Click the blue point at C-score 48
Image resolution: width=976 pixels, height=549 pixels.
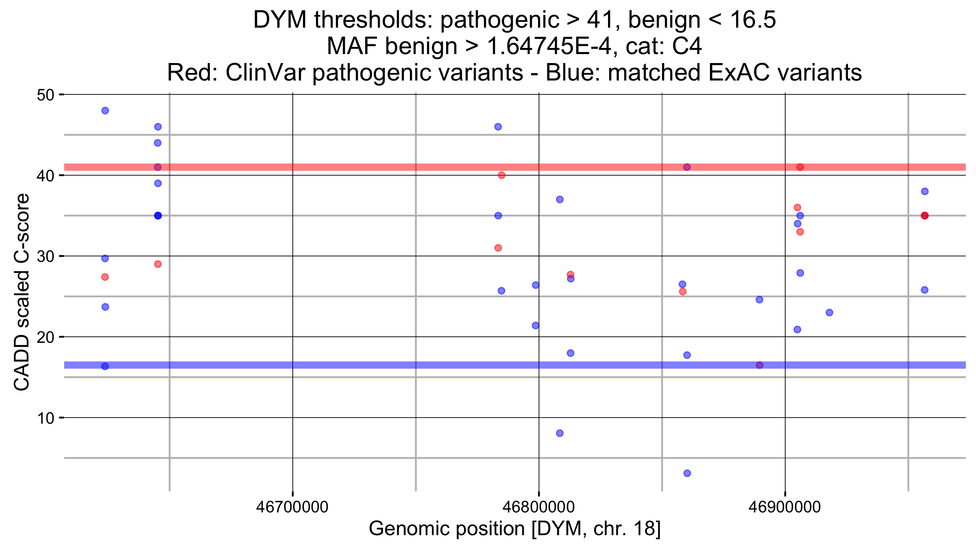(x=105, y=111)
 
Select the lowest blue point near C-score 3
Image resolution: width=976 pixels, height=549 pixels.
(x=687, y=473)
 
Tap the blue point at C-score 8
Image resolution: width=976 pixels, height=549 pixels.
(x=560, y=433)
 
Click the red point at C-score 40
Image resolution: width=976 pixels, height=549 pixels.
(x=501, y=175)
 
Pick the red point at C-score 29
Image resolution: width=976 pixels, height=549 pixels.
(x=158, y=264)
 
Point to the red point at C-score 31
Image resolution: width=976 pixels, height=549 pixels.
(x=498, y=248)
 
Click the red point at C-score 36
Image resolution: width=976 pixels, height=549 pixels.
(x=797, y=207)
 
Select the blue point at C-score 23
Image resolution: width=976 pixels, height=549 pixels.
(x=830, y=313)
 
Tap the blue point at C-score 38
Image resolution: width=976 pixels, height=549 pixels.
(x=925, y=191)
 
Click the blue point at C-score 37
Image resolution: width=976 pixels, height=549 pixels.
(x=560, y=199)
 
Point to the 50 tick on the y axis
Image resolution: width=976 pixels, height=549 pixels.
(x=61, y=95)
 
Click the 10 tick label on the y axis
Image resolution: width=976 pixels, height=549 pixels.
(x=46, y=418)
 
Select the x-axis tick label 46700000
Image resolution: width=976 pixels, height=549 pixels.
(x=292, y=507)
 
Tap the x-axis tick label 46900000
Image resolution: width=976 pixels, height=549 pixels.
(x=785, y=507)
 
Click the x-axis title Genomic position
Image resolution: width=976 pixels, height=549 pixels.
(x=514, y=529)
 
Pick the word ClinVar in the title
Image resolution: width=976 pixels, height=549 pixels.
(x=268, y=73)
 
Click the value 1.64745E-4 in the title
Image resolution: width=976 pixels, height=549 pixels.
(x=549, y=46)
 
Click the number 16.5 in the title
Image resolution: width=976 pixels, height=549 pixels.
(x=753, y=20)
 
